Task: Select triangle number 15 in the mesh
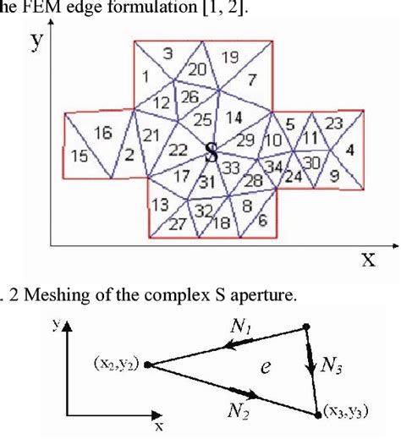pyautogui.click(x=80, y=156)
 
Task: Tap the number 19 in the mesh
pyautogui.click(x=230, y=58)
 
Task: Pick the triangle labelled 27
pyautogui.click(x=177, y=224)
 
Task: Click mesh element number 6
pyautogui.click(x=261, y=220)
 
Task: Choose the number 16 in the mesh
pyautogui.click(x=104, y=132)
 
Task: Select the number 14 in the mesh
pyautogui.click(x=234, y=116)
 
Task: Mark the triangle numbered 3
pyautogui.click(x=168, y=53)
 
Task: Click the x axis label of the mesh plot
pyautogui.click(x=368, y=260)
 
